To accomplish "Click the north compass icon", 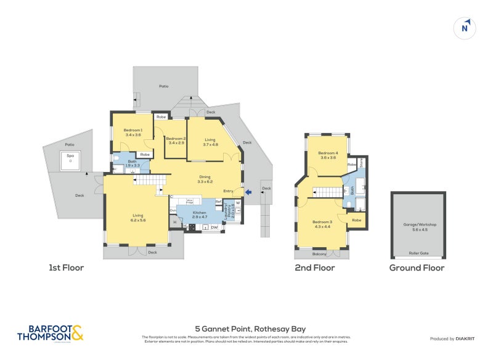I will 465,28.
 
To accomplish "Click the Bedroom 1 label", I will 133,132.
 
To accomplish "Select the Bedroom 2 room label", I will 176,141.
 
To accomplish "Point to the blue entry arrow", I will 248,193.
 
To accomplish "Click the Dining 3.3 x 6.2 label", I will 205,179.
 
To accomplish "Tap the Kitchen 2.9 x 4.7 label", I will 199,215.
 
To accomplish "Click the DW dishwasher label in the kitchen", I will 214,227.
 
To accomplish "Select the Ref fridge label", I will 218,201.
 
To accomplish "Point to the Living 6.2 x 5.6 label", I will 137,218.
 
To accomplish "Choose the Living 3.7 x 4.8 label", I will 211,142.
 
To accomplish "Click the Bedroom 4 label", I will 328,155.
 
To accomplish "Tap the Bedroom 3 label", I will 322,224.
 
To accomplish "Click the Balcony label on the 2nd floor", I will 319,253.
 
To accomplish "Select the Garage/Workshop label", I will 420,226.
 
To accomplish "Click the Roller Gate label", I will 420,254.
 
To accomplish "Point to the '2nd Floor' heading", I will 315,268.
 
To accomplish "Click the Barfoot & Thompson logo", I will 50,333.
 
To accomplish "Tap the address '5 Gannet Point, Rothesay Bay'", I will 250,329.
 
